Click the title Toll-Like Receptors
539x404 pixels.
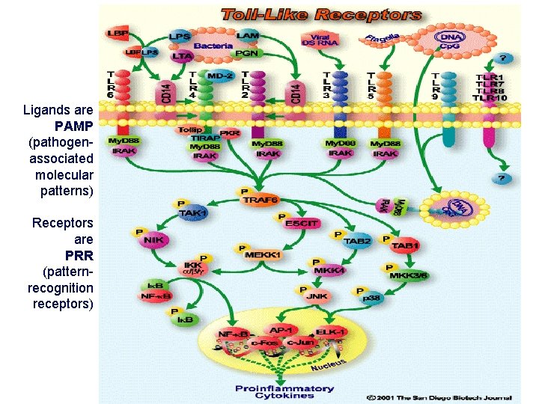[x=320, y=14]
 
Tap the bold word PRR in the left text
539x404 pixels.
[x=79, y=255]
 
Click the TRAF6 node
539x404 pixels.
[x=259, y=200]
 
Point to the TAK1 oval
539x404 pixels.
[x=192, y=212]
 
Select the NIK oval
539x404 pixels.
[x=153, y=240]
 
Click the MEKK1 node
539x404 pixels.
[x=263, y=255]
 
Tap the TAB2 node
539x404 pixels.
[x=358, y=241]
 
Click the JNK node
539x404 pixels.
[x=317, y=296]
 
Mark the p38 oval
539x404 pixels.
[x=371, y=298]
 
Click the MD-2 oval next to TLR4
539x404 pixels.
[x=219, y=76]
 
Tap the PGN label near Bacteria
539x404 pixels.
[x=246, y=54]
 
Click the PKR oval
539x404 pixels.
[x=230, y=132]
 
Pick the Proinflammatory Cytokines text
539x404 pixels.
[x=284, y=392]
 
